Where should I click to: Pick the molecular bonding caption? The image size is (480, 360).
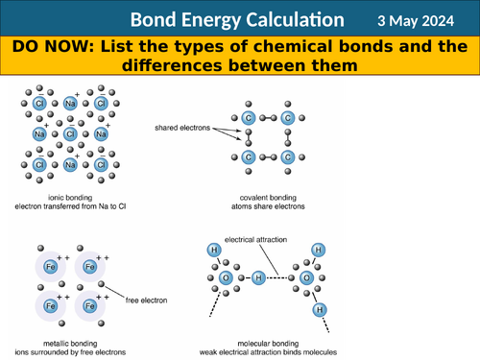tap(273, 343)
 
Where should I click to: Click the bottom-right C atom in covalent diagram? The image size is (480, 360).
tap(287, 156)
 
